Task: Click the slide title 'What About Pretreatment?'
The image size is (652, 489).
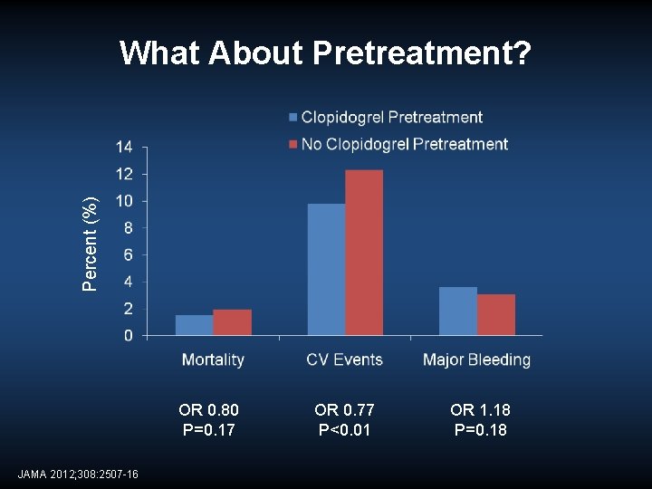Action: (x=326, y=53)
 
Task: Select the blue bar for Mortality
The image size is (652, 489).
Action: (x=194, y=325)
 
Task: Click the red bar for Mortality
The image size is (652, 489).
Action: (x=232, y=322)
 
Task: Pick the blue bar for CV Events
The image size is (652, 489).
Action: (x=326, y=270)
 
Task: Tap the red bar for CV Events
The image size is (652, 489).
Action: (x=364, y=253)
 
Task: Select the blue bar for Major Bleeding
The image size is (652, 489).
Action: (x=457, y=311)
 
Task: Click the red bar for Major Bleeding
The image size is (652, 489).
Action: (x=495, y=314)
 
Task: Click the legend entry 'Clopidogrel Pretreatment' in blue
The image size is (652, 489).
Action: (x=391, y=117)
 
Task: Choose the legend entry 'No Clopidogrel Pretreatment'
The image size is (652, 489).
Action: (x=404, y=144)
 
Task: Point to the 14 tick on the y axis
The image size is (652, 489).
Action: (x=124, y=148)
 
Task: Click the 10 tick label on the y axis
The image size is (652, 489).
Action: (x=124, y=201)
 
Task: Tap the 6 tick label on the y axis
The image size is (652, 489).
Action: (x=128, y=255)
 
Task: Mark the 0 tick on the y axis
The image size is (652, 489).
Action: (x=128, y=336)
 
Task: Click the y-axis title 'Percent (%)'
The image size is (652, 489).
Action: (x=90, y=244)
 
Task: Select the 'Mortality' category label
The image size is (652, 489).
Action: (x=213, y=360)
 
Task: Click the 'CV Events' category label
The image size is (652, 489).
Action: (x=344, y=360)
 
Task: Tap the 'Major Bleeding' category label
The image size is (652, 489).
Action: (x=476, y=360)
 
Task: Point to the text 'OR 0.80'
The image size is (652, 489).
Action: (x=209, y=410)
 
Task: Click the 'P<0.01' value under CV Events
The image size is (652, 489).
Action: (x=344, y=429)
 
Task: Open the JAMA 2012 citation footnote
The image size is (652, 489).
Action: (x=78, y=474)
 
